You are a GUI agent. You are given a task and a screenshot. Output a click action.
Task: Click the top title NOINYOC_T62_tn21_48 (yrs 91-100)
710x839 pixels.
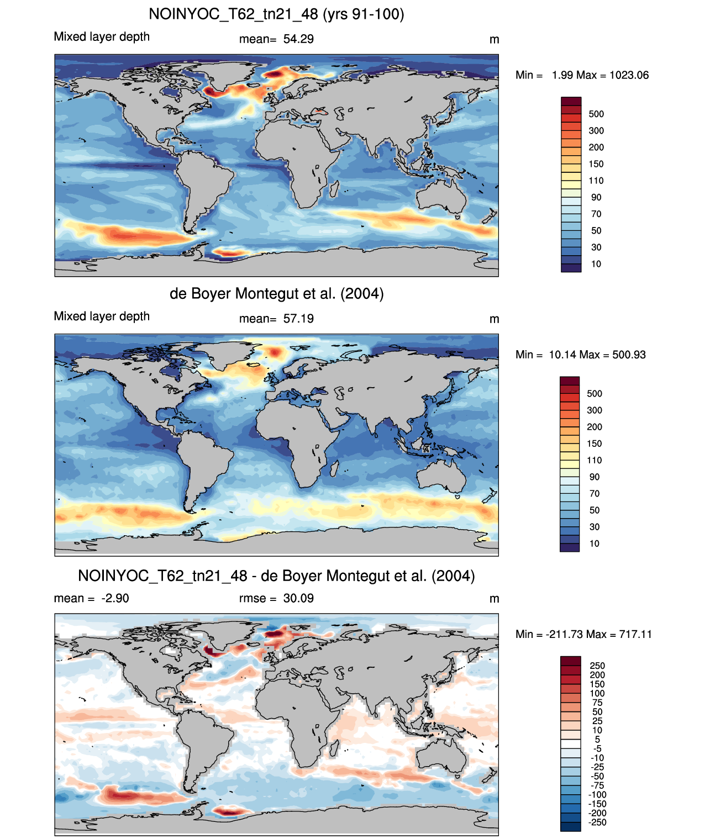tap(276, 14)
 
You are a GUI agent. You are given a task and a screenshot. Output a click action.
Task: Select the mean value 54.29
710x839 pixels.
tap(298, 39)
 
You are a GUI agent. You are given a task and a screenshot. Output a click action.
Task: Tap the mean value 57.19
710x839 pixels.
tap(298, 319)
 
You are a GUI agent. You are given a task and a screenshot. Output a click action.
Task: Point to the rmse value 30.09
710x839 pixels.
tap(298, 598)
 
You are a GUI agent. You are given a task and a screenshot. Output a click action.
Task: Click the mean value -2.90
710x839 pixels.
tap(115, 598)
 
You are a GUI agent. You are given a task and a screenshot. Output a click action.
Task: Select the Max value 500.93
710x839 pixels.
tap(629, 355)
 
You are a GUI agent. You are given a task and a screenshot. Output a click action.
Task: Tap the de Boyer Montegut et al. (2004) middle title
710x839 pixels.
tap(276, 293)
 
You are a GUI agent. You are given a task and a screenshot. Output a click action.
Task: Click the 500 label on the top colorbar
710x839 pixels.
tap(596, 114)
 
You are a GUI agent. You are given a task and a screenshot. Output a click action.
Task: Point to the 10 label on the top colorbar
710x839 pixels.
tap(596, 264)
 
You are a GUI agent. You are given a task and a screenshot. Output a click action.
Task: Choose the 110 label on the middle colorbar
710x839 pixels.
tap(595, 460)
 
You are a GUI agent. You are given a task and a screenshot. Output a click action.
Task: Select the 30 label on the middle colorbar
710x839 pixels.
tap(595, 527)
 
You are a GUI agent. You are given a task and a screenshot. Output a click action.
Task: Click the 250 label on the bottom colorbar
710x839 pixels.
tap(597, 666)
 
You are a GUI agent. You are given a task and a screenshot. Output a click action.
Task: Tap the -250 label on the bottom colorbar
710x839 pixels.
tap(597, 822)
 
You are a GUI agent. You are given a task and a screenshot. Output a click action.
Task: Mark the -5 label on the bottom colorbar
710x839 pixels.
tap(597, 748)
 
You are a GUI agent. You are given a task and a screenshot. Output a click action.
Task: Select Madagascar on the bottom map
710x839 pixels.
tap(334, 748)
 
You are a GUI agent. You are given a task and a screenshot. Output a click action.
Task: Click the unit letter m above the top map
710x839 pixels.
tap(494, 40)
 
